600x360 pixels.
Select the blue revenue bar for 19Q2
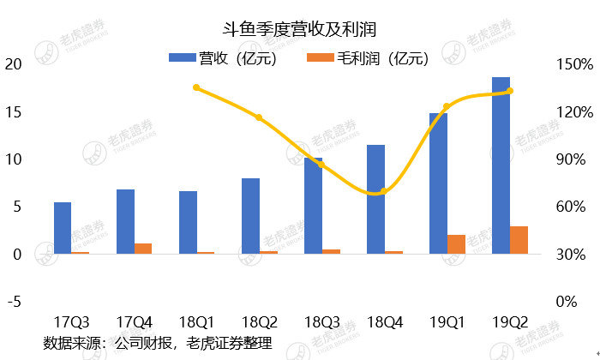(501, 165)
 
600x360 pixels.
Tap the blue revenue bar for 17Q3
(63, 228)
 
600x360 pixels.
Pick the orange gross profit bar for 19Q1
(456, 244)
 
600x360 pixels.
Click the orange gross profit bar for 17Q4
(143, 249)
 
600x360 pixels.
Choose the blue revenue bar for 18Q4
(375, 199)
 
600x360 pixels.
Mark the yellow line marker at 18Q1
(196, 87)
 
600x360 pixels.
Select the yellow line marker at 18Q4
(383, 191)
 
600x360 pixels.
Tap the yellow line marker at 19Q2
(509, 91)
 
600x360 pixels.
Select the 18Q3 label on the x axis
(321, 322)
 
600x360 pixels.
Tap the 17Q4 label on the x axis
(134, 322)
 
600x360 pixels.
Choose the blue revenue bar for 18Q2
(250, 216)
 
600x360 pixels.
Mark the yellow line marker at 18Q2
(259, 117)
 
